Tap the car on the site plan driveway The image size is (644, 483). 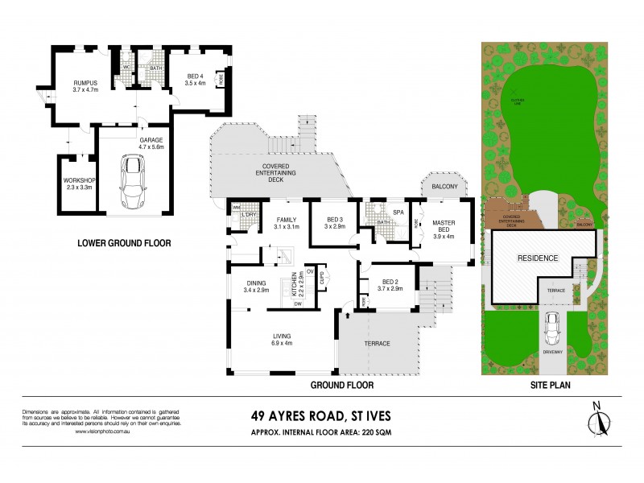[x=552, y=328]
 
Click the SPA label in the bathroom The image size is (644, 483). [x=398, y=213]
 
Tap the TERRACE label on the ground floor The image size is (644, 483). [x=378, y=344]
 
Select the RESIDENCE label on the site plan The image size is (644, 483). [x=537, y=258]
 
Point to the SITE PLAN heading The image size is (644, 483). [x=551, y=386]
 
